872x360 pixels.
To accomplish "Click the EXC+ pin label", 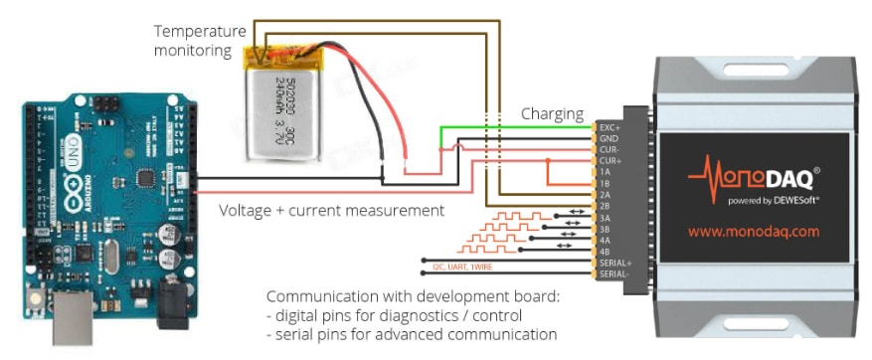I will (x=609, y=128).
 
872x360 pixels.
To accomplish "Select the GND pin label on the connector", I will (x=608, y=139).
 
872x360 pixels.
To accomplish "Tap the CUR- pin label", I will (x=609, y=150).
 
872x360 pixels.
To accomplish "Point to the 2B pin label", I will (x=605, y=206).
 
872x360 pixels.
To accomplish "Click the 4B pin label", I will (x=605, y=251).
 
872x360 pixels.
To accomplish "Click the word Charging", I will (x=552, y=113).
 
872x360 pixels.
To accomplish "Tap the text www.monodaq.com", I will (x=753, y=230).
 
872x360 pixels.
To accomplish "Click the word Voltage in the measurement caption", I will (x=246, y=211).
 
